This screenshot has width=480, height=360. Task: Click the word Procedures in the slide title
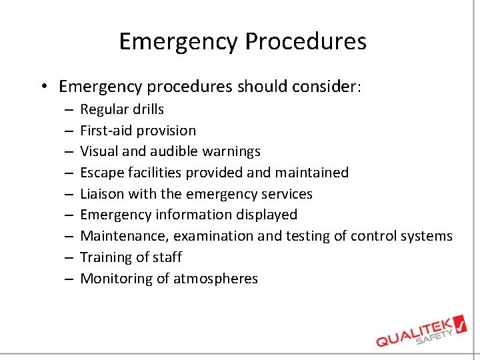[x=305, y=42]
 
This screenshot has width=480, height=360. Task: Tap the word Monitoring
[x=116, y=279]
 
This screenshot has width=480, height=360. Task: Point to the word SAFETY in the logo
[x=435, y=334]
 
